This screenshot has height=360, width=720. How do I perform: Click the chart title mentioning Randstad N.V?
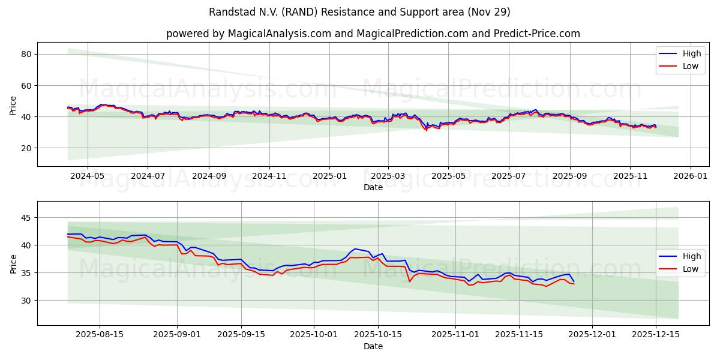pyautogui.click(x=359, y=12)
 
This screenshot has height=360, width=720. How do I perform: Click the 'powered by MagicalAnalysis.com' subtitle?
pyautogui.click(x=373, y=34)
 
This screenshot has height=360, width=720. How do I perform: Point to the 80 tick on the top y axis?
pyautogui.click(x=26, y=54)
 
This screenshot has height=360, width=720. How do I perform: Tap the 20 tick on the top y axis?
pyautogui.click(x=26, y=148)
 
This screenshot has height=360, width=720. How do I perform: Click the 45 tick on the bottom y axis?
pyautogui.click(x=26, y=218)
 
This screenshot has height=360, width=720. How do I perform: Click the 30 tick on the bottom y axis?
pyautogui.click(x=26, y=301)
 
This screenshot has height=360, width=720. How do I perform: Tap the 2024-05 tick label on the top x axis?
pyautogui.click(x=87, y=177)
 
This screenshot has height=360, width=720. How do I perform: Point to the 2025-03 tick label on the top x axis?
pyautogui.click(x=388, y=177)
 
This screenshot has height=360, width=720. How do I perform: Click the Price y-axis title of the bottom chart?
pyautogui.click(x=13, y=263)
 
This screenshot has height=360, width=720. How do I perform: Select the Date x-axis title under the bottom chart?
pyautogui.click(x=373, y=346)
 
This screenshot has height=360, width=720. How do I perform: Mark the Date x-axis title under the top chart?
pyautogui.click(x=373, y=188)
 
